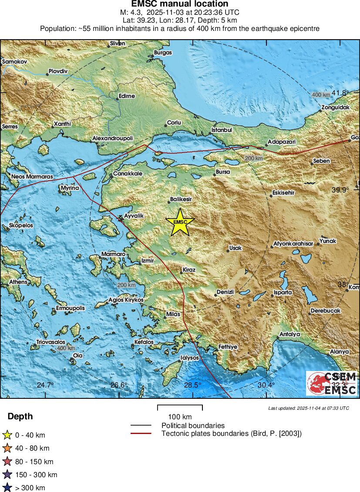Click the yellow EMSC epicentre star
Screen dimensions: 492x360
coord(180,222)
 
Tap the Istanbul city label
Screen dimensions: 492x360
coord(222,130)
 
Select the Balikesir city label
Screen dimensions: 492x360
coord(181,199)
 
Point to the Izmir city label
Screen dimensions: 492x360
coord(148,260)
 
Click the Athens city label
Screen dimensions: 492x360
coord(18,282)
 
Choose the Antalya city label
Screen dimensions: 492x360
coord(289,334)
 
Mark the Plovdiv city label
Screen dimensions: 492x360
coord(58,71)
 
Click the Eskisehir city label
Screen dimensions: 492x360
coord(283,192)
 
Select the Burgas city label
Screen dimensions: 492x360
coord(163,52)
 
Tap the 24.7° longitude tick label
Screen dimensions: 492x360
coord(45,385)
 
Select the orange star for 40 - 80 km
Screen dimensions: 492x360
coord(7,448)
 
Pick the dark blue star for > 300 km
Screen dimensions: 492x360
coord(7,488)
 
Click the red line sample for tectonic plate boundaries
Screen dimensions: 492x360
coord(141,433)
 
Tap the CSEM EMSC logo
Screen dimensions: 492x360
coord(332,383)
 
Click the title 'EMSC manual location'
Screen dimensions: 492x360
coord(180,4)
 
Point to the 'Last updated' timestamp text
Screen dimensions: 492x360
coord(309,408)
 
